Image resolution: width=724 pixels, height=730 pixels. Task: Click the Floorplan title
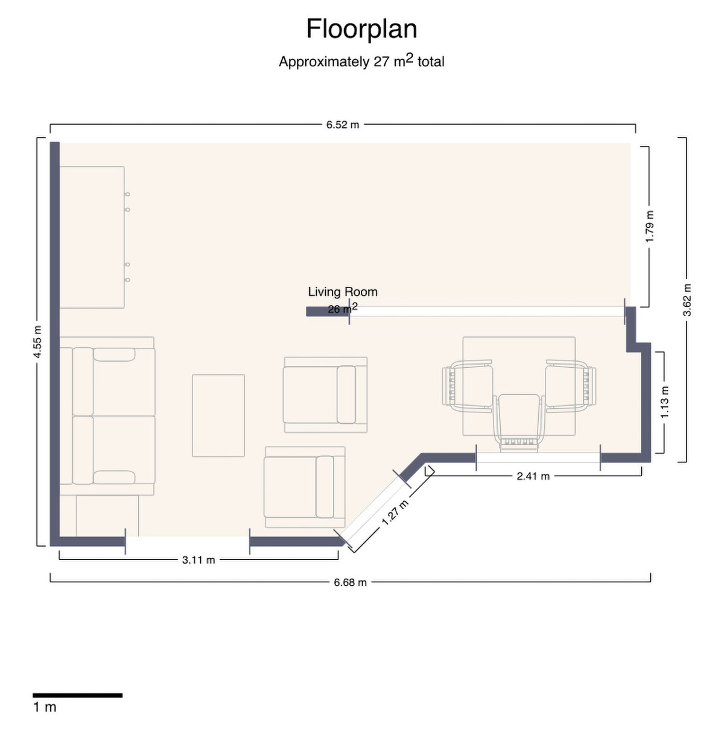pyautogui.click(x=361, y=29)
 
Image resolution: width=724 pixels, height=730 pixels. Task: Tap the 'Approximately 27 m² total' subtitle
pyautogui.click(x=361, y=61)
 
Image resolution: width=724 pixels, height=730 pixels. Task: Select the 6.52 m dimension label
pyautogui.click(x=343, y=125)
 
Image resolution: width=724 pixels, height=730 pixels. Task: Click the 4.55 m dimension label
pyautogui.click(x=38, y=342)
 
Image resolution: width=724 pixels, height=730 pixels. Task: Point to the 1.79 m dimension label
pyautogui.click(x=650, y=227)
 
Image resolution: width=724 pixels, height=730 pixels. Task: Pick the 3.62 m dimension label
pyautogui.click(x=687, y=300)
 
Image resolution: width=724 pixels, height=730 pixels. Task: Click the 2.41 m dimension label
pyautogui.click(x=533, y=476)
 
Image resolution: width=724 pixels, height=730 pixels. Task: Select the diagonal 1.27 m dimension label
pyautogui.click(x=395, y=512)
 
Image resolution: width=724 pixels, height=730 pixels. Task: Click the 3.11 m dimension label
pyautogui.click(x=198, y=560)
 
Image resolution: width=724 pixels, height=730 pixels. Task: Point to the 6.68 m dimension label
pyautogui.click(x=350, y=582)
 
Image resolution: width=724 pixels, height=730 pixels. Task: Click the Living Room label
pyautogui.click(x=343, y=292)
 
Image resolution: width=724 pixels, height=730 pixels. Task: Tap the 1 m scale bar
pyautogui.click(x=77, y=696)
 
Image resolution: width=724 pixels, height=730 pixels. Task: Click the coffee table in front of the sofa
pyautogui.click(x=218, y=415)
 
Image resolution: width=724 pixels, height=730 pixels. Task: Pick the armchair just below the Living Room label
pyautogui.click(x=325, y=395)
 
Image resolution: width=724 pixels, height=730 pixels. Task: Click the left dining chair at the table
pyautogui.click(x=468, y=386)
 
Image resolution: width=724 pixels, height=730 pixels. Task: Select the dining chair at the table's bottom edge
pyautogui.click(x=519, y=422)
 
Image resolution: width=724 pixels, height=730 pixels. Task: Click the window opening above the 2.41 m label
pyautogui.click(x=538, y=458)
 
